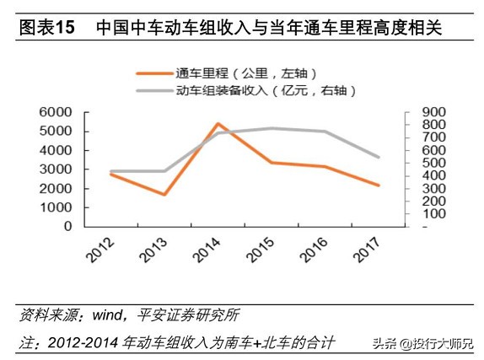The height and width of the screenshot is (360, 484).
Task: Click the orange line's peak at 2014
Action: tap(218, 124)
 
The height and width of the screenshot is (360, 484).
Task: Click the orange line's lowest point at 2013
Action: tap(164, 195)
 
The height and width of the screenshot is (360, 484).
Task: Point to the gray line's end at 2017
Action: tap(379, 157)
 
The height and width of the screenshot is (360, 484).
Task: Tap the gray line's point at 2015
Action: tap(272, 128)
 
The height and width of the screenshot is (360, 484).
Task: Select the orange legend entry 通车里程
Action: tap(221, 74)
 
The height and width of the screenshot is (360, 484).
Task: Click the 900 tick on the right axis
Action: tap(422, 111)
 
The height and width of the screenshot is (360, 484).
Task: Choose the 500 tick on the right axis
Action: tap(422, 163)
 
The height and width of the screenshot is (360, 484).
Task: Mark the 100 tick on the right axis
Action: tap(422, 213)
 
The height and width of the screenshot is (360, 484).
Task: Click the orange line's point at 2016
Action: tap(325, 166)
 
